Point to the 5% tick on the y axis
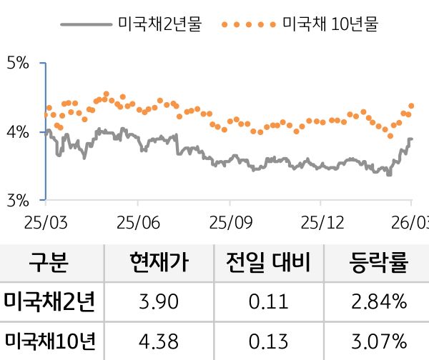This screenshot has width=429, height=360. [x=18, y=64]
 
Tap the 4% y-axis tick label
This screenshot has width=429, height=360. [x=18, y=132]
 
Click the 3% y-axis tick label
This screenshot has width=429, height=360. [x=18, y=200]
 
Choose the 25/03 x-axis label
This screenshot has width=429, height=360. [x=44, y=221]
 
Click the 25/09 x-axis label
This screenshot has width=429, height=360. [x=229, y=221]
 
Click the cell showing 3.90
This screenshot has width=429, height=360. [x=159, y=302]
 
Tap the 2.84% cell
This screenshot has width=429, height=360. [x=379, y=302]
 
